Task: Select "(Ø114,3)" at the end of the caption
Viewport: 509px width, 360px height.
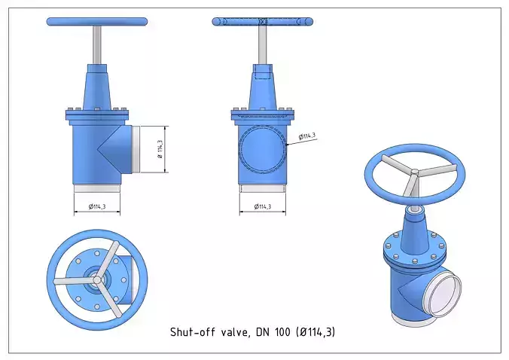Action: [x=321, y=331]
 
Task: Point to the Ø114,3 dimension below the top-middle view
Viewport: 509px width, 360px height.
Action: [x=262, y=206]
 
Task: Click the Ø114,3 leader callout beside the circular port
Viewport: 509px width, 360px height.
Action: [x=306, y=136]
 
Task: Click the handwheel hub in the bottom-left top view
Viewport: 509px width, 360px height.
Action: [x=97, y=279]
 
